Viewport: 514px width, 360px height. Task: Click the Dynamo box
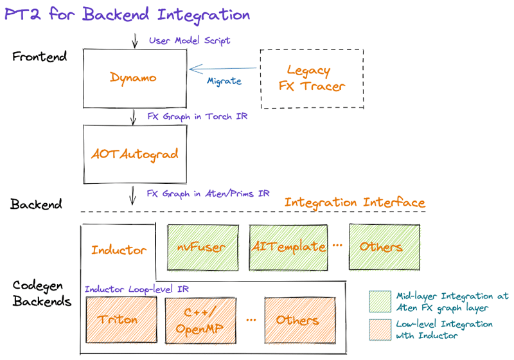pyautogui.click(x=135, y=78)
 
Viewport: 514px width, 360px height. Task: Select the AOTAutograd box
pyautogui.click(x=135, y=154)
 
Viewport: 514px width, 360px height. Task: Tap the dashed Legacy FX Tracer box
pyautogui.click(x=312, y=78)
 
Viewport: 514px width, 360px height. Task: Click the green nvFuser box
pyautogui.click(x=203, y=248)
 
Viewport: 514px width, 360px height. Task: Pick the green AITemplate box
pyautogui.click(x=288, y=248)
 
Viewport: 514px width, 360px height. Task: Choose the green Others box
pyautogui.click(x=384, y=247)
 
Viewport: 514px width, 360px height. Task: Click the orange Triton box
pyautogui.click(x=121, y=319)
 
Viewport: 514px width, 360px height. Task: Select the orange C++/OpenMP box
pyautogui.click(x=200, y=321)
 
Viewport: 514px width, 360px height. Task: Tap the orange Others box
pyautogui.click(x=300, y=320)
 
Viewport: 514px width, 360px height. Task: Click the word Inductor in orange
pyautogui.click(x=119, y=250)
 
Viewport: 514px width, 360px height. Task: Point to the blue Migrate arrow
pyautogui.click(x=223, y=69)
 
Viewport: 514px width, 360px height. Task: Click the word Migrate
pyautogui.click(x=224, y=81)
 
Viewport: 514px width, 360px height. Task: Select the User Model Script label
pyautogui.click(x=190, y=40)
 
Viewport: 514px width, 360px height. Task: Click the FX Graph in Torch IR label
pyautogui.click(x=197, y=117)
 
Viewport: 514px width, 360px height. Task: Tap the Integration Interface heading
pyautogui.click(x=355, y=203)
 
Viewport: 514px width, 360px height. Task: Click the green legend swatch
pyautogui.click(x=380, y=301)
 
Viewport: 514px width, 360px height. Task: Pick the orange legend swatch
pyautogui.click(x=380, y=330)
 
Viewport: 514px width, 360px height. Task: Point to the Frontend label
pyautogui.click(x=40, y=57)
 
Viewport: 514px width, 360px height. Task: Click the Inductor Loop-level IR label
pyautogui.click(x=137, y=289)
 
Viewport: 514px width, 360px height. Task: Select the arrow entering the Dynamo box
pyautogui.click(x=134, y=40)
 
